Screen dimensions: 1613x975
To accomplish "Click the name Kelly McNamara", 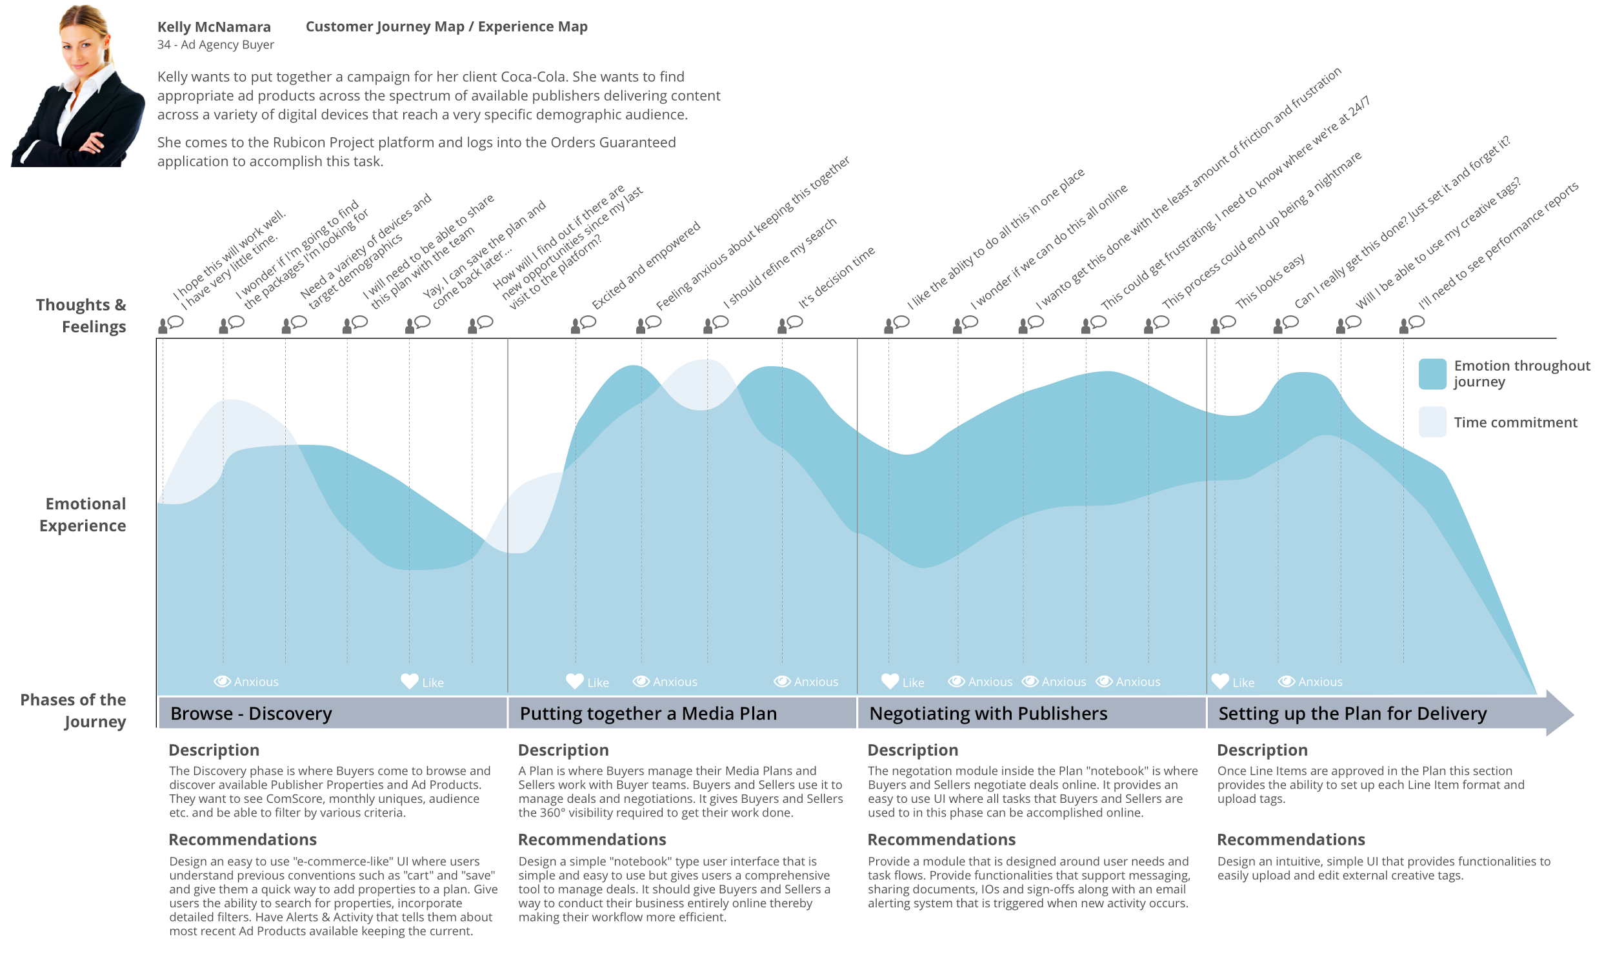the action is (x=214, y=27).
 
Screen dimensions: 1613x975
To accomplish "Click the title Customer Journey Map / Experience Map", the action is (x=446, y=27).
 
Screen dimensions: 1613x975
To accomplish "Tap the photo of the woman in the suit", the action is (x=78, y=85).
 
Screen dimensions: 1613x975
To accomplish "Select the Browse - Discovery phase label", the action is (x=251, y=713).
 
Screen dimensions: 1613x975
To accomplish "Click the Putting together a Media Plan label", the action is (x=648, y=713).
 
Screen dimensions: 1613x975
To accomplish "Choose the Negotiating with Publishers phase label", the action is (x=988, y=713).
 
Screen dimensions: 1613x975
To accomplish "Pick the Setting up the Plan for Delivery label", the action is (x=1352, y=713).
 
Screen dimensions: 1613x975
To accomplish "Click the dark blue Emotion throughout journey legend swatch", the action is (x=1432, y=374).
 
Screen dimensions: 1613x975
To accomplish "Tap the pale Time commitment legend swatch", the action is (x=1432, y=422).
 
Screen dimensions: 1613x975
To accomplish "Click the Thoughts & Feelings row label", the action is (x=81, y=315).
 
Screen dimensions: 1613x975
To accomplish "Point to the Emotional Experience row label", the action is (x=83, y=515).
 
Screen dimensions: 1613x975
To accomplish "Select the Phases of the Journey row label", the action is (x=74, y=710).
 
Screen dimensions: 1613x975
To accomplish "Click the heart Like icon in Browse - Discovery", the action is (x=410, y=681).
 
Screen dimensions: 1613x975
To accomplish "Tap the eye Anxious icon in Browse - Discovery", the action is (x=223, y=681).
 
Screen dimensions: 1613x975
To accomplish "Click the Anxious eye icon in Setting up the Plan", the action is (x=1287, y=681).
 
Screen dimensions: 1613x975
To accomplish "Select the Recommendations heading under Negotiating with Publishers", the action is (x=941, y=840).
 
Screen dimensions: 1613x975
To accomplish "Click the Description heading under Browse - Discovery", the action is (x=214, y=750).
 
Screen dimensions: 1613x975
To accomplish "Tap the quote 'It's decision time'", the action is (x=837, y=277).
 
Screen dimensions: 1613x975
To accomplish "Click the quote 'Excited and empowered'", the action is (x=646, y=265).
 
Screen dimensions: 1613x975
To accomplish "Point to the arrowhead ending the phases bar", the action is (x=1562, y=713).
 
